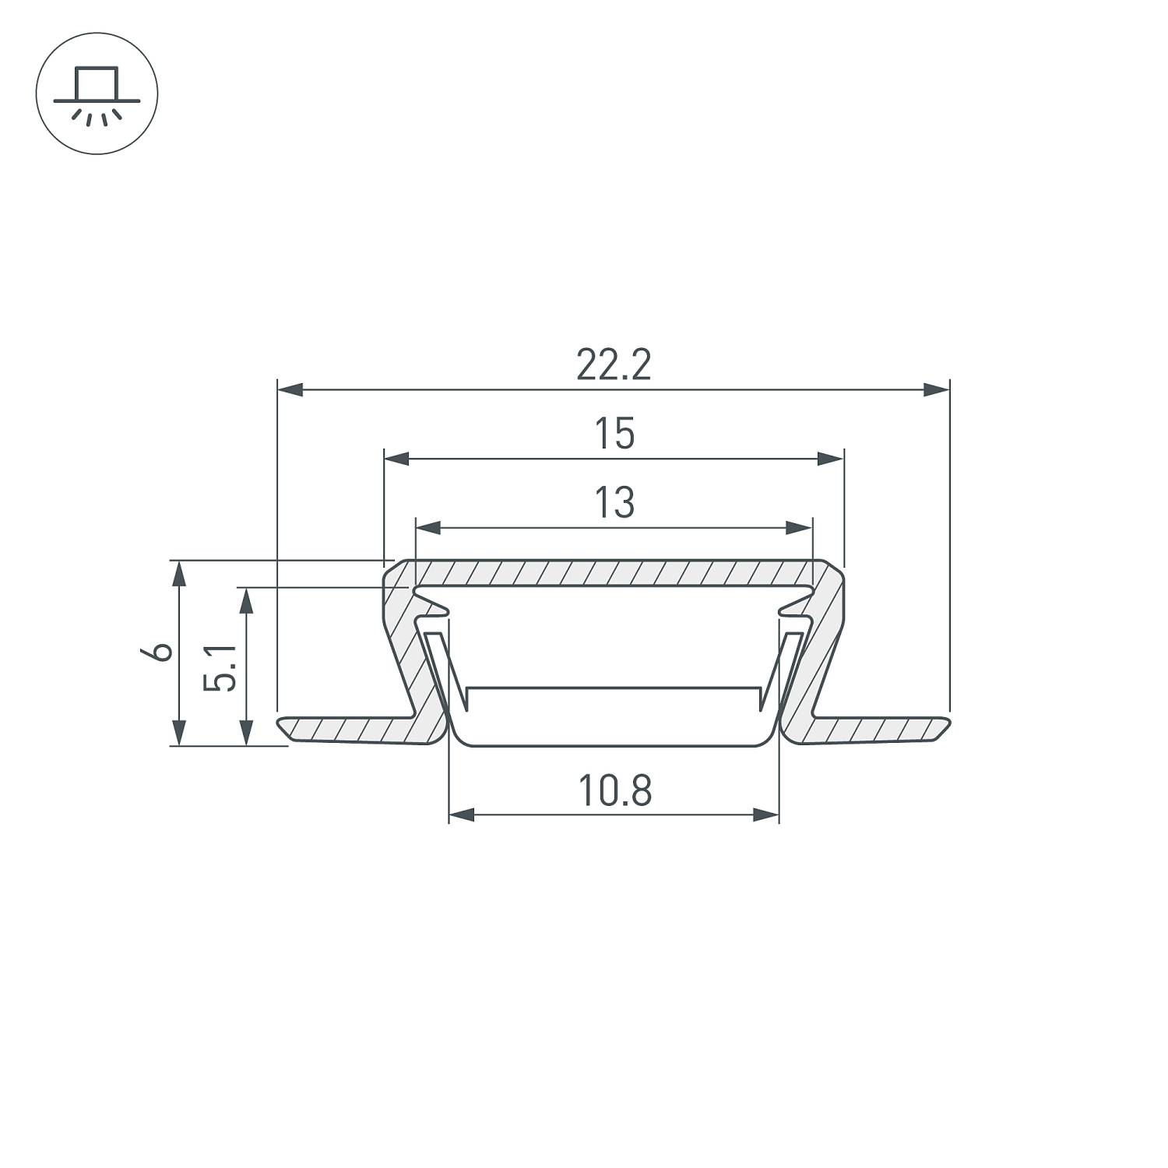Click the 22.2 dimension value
pyautogui.click(x=614, y=364)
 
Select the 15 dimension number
pyautogui.click(x=614, y=434)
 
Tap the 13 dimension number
pyautogui.click(x=614, y=502)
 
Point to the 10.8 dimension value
pyautogui.click(x=615, y=790)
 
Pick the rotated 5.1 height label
pyautogui.click(x=220, y=667)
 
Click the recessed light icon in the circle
pyautogui.click(x=97, y=93)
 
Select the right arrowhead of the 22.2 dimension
pyautogui.click(x=936, y=389)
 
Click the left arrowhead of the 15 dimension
pyautogui.click(x=397, y=459)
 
